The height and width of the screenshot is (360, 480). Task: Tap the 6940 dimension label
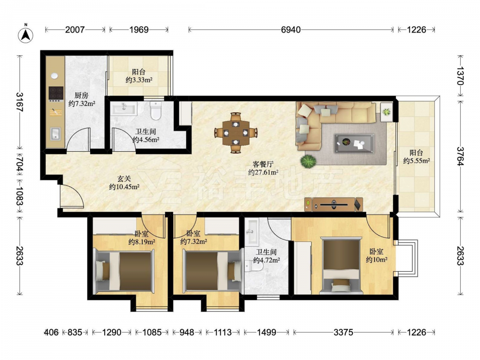click(290, 30)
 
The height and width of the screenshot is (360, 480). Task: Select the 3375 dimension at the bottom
click(343, 332)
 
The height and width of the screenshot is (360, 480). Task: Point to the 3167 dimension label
click(20, 102)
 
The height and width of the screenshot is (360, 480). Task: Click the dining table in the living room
click(236, 133)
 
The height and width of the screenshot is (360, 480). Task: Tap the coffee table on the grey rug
click(355, 143)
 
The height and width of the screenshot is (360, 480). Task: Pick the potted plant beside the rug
click(308, 161)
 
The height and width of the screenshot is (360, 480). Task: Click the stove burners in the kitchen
click(56, 94)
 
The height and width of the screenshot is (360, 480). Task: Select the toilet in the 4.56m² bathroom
click(156, 110)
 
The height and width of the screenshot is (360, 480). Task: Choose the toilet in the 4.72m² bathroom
click(254, 266)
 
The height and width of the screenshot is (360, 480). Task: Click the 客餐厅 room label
click(263, 164)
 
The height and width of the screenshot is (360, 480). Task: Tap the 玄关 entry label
click(125, 179)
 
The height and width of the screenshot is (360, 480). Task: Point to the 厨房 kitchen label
click(82, 95)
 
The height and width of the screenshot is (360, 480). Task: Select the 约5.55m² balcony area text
click(416, 160)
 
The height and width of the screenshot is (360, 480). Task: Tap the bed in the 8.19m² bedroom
click(125, 271)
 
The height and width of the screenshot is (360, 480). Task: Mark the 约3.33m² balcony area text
click(139, 80)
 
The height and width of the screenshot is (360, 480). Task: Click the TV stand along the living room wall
click(334, 204)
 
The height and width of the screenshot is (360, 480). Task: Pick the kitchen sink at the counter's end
click(55, 134)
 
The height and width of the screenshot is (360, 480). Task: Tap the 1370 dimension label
click(460, 76)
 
